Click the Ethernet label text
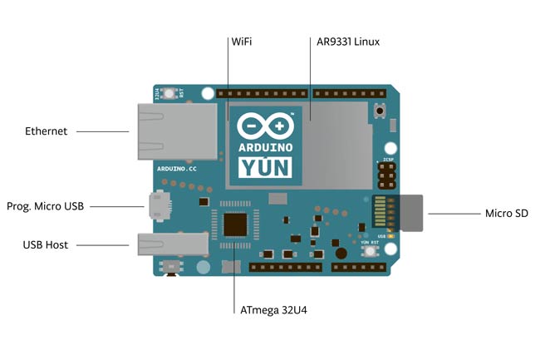coord(47,131)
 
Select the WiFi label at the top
coord(243,41)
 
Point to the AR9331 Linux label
coord(348,41)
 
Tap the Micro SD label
coord(506,214)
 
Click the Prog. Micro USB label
coord(47,205)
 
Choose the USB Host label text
coord(47,244)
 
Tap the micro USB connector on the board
coord(159,205)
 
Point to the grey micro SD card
coord(412,213)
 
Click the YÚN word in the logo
coord(266,167)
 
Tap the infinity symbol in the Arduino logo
coord(266,126)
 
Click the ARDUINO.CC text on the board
coord(176,168)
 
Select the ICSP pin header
coord(386,175)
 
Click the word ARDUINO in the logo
coord(266,146)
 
